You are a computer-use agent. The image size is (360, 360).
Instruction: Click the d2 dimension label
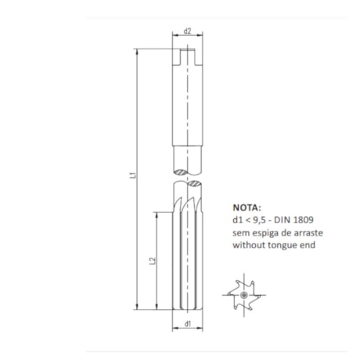click(x=188, y=32)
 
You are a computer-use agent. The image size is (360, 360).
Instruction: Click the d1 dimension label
click(x=188, y=323)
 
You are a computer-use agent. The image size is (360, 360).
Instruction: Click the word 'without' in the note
click(x=248, y=245)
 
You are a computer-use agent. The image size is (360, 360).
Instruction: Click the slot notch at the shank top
click(x=188, y=55)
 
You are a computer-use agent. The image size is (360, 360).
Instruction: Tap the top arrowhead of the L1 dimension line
click(x=138, y=50)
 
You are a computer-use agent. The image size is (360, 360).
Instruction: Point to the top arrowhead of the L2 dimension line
click(x=157, y=211)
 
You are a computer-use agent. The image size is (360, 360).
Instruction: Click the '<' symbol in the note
click(x=248, y=221)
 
